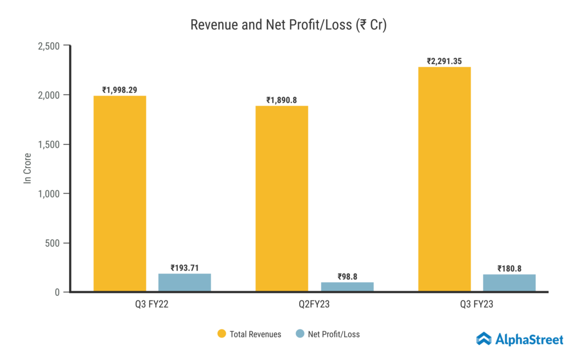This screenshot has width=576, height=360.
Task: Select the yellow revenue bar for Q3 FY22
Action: pos(120,193)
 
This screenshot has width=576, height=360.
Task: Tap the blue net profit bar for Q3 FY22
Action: pos(184,282)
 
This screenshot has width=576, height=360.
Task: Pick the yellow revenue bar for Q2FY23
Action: pos(282,199)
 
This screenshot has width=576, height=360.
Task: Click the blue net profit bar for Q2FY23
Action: pos(347,287)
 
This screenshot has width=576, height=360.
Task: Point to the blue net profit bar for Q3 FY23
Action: pos(509,283)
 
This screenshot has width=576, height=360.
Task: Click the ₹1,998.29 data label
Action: pos(120,89)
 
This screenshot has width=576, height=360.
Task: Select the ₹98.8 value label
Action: pos(347,276)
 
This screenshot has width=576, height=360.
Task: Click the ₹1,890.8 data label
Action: pos(282,100)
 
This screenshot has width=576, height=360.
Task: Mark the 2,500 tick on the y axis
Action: pos(50,46)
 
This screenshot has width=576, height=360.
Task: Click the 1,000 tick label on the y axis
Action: pos(50,193)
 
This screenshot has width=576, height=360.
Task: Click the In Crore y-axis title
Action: pos(27,169)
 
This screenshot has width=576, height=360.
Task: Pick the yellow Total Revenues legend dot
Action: pos(222,334)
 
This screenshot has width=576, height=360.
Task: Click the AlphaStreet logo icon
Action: pos(484,338)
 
